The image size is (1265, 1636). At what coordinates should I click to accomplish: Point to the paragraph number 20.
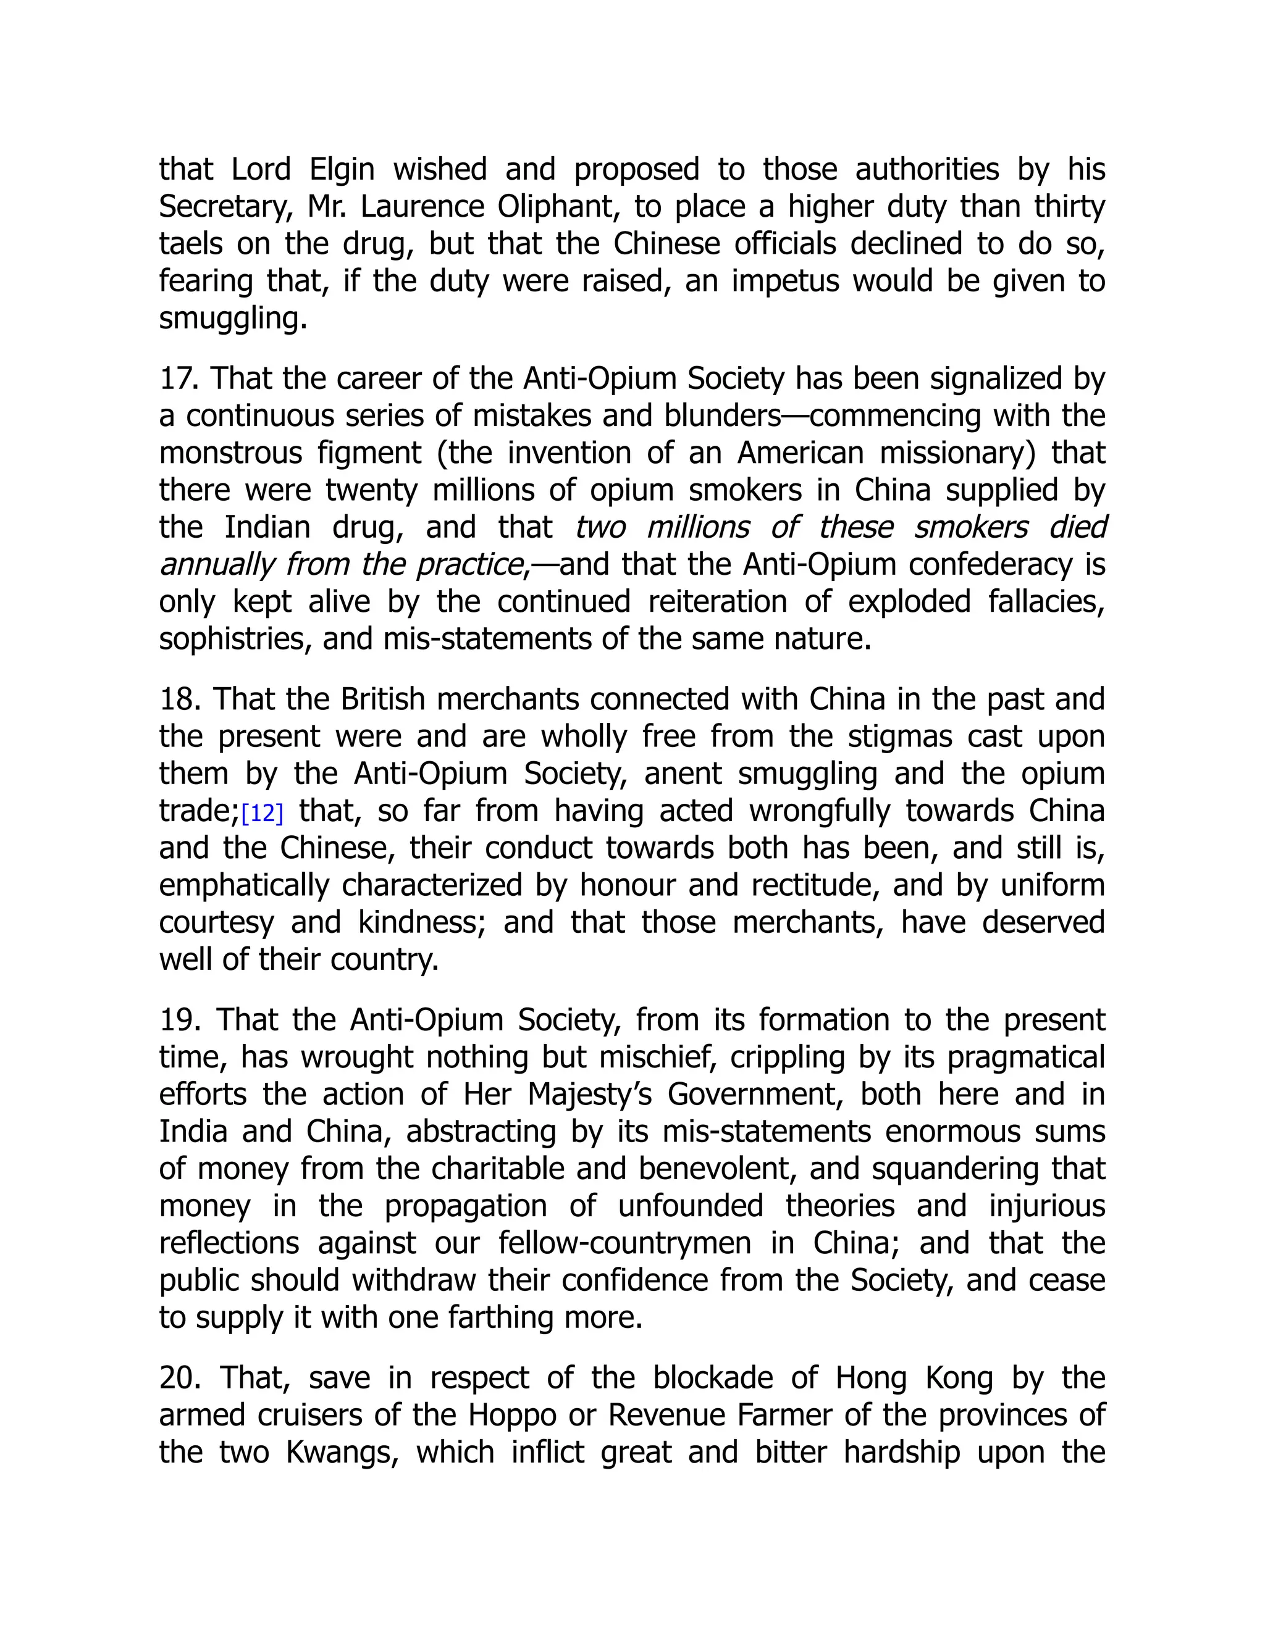coord(180,1379)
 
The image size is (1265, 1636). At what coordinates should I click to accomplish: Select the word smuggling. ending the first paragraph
coord(233,319)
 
